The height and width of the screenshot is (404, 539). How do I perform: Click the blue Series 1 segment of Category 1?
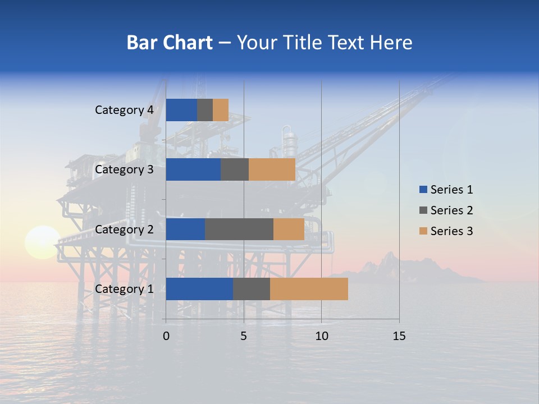pyautogui.click(x=199, y=288)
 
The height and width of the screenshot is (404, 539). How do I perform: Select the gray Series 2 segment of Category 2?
pyautogui.click(x=239, y=229)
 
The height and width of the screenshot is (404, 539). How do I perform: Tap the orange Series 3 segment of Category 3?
pyautogui.click(x=272, y=169)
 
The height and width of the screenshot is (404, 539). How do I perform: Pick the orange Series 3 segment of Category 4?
pyautogui.click(x=221, y=110)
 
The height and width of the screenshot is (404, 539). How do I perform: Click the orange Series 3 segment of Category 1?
pyautogui.click(x=309, y=288)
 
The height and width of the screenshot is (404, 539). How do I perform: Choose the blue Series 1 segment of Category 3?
pyautogui.click(x=193, y=169)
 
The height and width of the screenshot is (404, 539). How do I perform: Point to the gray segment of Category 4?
pyautogui.click(x=205, y=110)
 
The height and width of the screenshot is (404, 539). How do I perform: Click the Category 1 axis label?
pyautogui.click(x=124, y=289)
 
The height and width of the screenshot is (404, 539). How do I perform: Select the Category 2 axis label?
pyautogui.click(x=124, y=229)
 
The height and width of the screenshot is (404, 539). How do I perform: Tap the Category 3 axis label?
pyautogui.click(x=124, y=169)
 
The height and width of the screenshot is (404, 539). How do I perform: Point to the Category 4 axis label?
pyautogui.click(x=124, y=110)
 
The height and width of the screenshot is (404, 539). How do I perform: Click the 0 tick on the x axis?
pyautogui.click(x=166, y=336)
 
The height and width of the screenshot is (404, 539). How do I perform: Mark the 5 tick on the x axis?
pyautogui.click(x=244, y=336)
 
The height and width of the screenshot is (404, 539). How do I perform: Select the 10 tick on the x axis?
pyautogui.click(x=321, y=336)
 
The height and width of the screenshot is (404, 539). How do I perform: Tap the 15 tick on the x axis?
pyautogui.click(x=399, y=336)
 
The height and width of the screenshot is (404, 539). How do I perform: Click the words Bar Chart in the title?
pyautogui.click(x=170, y=43)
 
